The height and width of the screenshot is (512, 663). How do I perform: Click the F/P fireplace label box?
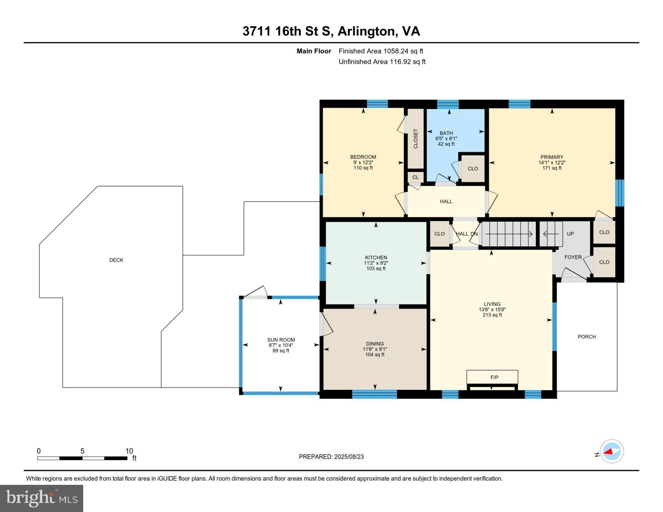tap(492, 377)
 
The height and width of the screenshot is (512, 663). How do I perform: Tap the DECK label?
tap(116, 260)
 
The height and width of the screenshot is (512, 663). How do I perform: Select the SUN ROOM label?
tap(281, 340)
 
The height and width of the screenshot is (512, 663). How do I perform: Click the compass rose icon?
tap(612, 451)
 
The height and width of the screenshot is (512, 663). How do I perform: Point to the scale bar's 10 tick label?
tap(129, 451)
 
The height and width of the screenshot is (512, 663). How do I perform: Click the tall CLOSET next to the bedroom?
tap(416, 139)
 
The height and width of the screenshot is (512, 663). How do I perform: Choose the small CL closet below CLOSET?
tap(416, 177)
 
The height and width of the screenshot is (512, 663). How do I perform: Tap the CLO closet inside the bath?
tap(473, 169)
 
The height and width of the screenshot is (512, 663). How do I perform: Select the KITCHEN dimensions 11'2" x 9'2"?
tap(376, 263)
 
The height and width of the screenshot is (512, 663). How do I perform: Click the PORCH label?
tap(587, 337)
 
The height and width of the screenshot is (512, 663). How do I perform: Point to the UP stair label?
tap(570, 234)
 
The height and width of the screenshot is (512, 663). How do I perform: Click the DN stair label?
tap(474, 234)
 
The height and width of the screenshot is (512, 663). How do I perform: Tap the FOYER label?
tap(573, 257)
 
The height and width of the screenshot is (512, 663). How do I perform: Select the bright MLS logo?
tap(42, 498)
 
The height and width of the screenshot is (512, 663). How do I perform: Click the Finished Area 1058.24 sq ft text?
tap(381, 51)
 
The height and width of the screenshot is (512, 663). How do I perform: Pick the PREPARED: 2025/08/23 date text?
tap(331, 457)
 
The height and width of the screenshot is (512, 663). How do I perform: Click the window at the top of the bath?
tap(448, 104)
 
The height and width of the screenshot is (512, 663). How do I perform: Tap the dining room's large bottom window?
tap(374, 394)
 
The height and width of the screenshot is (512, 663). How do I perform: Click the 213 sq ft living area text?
tap(492, 315)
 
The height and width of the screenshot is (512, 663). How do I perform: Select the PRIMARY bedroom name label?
tap(552, 157)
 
